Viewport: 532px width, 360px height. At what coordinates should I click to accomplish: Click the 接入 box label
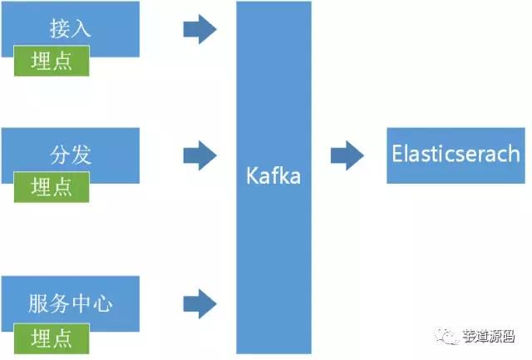[x=71, y=28]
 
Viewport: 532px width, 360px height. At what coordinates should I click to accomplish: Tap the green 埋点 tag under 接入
[x=52, y=61]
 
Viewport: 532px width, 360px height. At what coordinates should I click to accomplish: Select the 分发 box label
[x=71, y=155]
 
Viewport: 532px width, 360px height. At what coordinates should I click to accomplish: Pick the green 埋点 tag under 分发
[x=52, y=187]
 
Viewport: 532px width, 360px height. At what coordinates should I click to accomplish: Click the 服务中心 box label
[x=70, y=303]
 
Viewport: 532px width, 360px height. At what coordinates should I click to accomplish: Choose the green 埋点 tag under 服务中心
[x=52, y=338]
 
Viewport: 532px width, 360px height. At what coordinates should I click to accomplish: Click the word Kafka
[x=273, y=175]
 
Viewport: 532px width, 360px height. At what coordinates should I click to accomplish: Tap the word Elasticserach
[x=456, y=153]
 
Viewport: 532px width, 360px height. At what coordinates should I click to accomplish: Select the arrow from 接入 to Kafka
[x=199, y=29]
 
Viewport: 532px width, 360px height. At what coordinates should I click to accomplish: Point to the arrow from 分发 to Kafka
[x=199, y=155]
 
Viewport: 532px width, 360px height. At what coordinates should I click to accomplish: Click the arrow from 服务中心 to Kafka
[x=199, y=303]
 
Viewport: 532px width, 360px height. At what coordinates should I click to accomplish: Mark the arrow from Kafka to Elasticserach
[x=347, y=155]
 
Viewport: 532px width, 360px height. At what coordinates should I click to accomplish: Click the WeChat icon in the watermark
[x=446, y=336]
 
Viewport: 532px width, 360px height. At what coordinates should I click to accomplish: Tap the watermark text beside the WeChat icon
[x=489, y=336]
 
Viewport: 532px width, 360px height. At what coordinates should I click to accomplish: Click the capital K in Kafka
[x=253, y=175]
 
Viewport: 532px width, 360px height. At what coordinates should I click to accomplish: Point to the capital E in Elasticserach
[x=397, y=153]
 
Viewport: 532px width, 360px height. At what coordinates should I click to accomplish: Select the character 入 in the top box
[x=81, y=28]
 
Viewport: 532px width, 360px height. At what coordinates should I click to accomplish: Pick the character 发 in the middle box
[x=81, y=155]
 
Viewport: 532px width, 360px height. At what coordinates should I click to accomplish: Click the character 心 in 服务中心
[x=103, y=303]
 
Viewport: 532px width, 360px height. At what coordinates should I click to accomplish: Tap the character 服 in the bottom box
[x=38, y=303]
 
